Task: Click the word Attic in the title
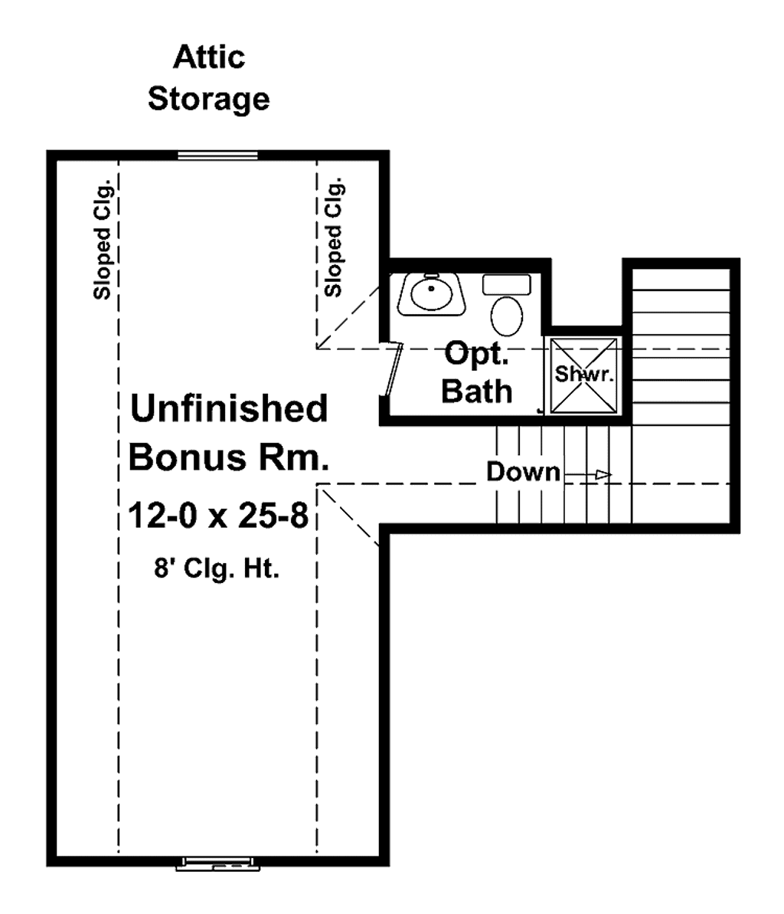point(209,57)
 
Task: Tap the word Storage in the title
point(208,99)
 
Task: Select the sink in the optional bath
point(431,294)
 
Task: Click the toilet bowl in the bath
point(507,316)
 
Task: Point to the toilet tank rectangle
point(507,285)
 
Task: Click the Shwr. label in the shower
point(584,374)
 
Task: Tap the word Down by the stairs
point(523,472)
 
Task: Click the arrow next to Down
point(587,475)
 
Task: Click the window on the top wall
point(218,155)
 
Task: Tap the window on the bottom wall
point(218,864)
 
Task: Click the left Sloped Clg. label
point(102,240)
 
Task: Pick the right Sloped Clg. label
point(334,238)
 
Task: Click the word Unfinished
point(229,408)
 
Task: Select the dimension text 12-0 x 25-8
point(218,516)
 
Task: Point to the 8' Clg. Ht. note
point(217,568)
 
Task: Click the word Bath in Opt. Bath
point(477,391)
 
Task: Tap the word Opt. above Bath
point(476,354)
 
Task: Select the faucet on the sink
point(431,276)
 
